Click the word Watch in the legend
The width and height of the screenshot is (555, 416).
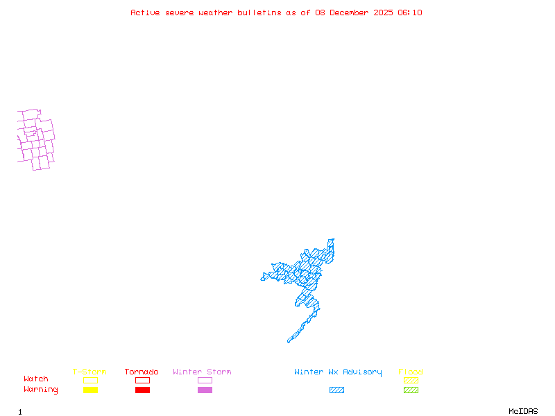coord(36,379)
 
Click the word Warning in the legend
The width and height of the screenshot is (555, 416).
coord(41,390)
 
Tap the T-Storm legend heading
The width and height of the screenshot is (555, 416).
coord(89,372)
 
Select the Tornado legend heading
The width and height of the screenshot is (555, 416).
coord(142,372)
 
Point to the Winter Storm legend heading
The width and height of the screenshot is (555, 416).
coord(202,372)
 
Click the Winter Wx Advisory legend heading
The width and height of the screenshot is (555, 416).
coord(338,372)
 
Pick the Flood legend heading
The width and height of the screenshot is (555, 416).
coord(411,372)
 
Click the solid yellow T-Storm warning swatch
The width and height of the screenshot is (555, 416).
coord(90,390)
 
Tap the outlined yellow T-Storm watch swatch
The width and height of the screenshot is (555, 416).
coord(90,380)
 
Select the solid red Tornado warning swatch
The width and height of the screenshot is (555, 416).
coord(142,390)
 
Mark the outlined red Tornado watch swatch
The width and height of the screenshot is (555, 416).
coord(142,380)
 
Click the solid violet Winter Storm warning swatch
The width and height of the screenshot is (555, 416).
coord(205,390)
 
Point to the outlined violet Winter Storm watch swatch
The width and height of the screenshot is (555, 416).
coord(205,380)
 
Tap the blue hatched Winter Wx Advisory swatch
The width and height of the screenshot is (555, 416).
coord(336,390)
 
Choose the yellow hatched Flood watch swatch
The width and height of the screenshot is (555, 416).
coord(411,380)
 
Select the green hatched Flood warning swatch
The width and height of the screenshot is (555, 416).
coord(411,390)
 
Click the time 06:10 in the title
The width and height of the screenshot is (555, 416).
coord(410,12)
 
